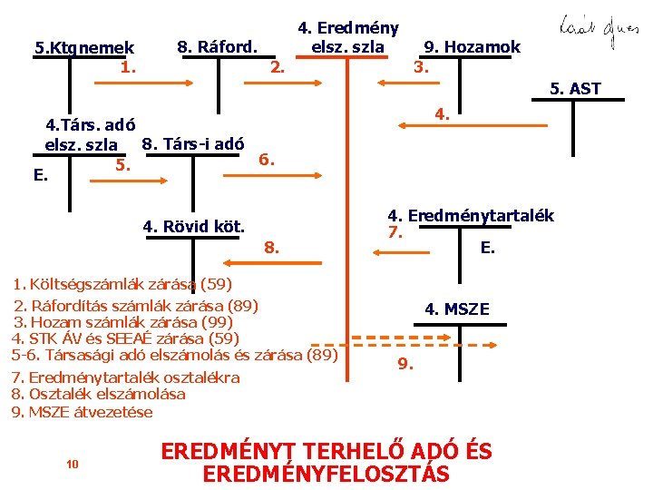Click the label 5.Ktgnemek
click(x=83, y=47)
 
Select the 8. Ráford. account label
click(x=217, y=46)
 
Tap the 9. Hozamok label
click(x=473, y=47)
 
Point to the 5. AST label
click(x=575, y=89)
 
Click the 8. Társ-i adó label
click(x=192, y=142)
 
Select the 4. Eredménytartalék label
click(x=471, y=216)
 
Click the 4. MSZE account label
click(x=457, y=309)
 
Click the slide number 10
click(x=73, y=464)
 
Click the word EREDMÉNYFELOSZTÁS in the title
click(x=326, y=475)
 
